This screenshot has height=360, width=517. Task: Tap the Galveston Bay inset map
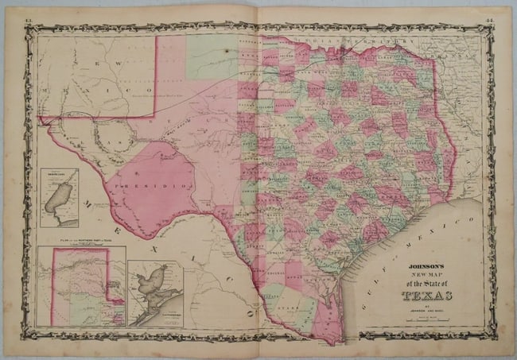[x=154, y=294]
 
